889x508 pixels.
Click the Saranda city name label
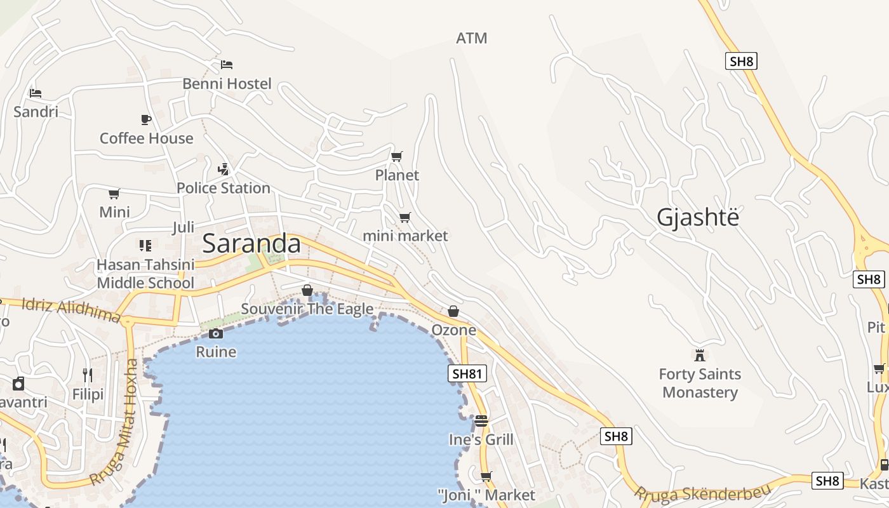tap(251, 244)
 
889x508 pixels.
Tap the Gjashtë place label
tap(698, 217)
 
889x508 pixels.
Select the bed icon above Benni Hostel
tap(227, 64)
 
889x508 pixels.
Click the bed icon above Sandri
tap(36, 93)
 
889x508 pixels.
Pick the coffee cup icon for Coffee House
tap(146, 119)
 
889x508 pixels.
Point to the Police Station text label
tap(224, 188)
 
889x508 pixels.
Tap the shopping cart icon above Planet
tap(397, 156)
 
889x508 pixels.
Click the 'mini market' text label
tap(405, 236)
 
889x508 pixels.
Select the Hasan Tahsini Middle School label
tap(145, 274)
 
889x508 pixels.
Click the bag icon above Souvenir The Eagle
tap(307, 290)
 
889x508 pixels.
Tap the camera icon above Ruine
tap(216, 333)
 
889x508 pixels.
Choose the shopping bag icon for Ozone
tap(453, 311)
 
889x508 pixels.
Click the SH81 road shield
tap(467, 373)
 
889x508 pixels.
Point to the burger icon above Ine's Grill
tap(481, 420)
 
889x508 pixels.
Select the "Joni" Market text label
tap(487, 495)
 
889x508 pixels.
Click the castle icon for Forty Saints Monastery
tap(700, 355)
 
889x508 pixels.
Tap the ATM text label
tap(472, 38)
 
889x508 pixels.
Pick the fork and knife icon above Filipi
tap(88, 375)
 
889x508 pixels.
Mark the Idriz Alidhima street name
tap(71, 309)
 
